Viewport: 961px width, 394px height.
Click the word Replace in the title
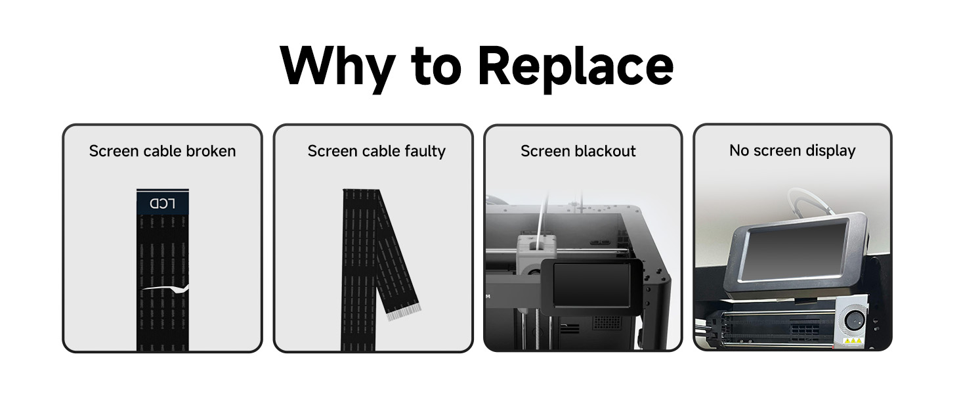coord(575,66)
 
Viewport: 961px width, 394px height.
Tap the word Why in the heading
coord(337,66)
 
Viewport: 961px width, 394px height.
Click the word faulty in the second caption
coord(424,151)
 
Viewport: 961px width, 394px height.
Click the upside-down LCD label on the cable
coord(163,203)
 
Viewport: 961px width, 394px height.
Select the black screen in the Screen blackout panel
coord(591,284)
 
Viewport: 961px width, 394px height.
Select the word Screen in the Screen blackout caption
coord(545,151)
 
